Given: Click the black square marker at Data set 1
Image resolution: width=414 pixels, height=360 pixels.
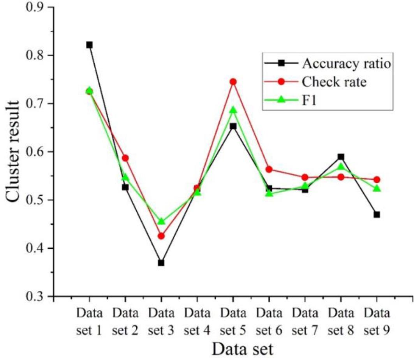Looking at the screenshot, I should (89, 45).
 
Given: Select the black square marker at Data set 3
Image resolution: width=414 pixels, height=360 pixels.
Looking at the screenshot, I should (161, 263).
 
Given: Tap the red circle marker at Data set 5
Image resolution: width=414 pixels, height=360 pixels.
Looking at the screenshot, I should (233, 82).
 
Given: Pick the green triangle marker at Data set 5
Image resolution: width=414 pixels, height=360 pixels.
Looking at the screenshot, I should (233, 110).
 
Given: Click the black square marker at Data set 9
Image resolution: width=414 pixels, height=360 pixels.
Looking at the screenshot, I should (377, 214).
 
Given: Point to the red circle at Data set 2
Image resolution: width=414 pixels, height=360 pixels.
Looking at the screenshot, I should (125, 158).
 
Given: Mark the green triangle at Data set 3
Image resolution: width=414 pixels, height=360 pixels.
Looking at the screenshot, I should (161, 221).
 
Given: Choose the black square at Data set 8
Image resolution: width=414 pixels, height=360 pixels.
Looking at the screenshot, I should (341, 157).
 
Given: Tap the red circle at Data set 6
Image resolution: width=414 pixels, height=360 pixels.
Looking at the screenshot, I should (269, 169).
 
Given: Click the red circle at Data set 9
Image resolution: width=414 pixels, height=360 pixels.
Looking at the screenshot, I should (377, 180).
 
